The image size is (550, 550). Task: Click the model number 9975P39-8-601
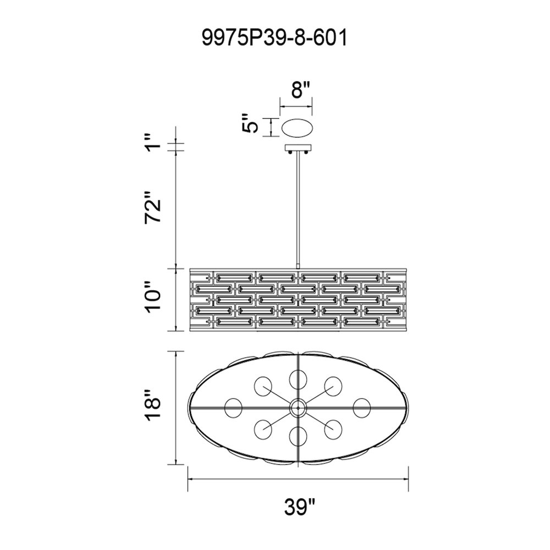274,38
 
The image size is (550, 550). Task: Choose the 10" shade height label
153,295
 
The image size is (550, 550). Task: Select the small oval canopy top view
298,128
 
